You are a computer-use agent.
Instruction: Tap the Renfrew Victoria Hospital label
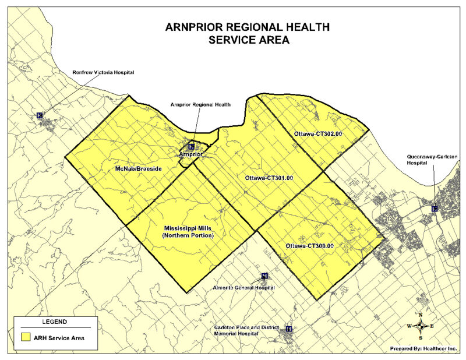point(103,73)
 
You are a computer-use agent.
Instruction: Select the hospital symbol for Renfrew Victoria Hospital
point(40,115)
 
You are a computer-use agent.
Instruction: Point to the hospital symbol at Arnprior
point(191,146)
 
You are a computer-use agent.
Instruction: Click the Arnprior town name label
point(190,155)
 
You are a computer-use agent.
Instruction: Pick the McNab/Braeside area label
point(138,168)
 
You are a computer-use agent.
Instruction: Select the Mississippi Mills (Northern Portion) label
point(189,231)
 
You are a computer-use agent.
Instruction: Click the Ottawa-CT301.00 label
point(269,177)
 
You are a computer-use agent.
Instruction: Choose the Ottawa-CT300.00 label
point(309,246)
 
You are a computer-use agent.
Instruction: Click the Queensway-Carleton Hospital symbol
point(435,209)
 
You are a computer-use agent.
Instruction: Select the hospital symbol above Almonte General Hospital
point(264,276)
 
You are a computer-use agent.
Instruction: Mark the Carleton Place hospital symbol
point(289,329)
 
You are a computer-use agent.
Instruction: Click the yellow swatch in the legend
point(25,337)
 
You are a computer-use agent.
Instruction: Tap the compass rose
point(421,326)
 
